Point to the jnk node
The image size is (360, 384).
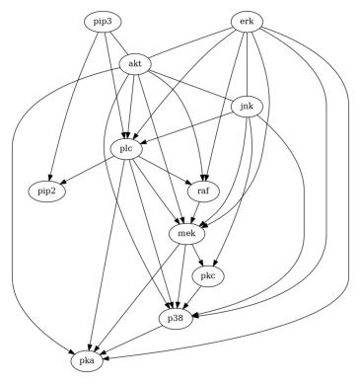[246, 106]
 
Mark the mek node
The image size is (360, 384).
[184, 234]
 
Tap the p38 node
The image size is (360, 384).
[177, 319]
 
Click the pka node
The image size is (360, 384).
[88, 362]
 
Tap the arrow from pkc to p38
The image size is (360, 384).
[195, 298]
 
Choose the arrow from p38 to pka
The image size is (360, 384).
[132, 341]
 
